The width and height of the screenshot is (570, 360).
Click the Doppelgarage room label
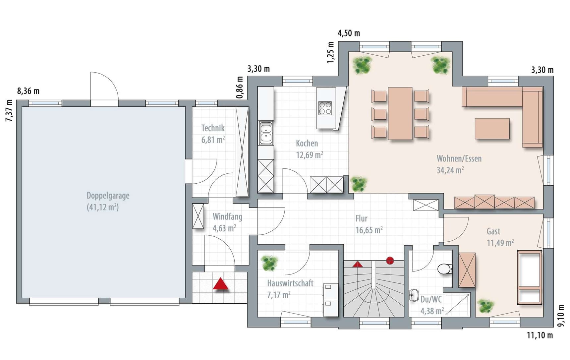click(x=108, y=196)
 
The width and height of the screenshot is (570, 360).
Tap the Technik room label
click(x=213, y=128)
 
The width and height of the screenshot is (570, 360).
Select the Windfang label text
click(x=227, y=217)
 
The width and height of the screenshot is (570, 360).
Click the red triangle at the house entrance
click(x=221, y=284)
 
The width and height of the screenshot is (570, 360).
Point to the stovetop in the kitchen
click(x=325, y=108)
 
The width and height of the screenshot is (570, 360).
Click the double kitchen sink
click(x=266, y=133)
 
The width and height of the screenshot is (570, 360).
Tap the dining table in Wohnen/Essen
click(x=400, y=113)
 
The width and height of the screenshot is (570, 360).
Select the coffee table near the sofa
click(x=492, y=129)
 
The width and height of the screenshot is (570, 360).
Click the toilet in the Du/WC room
click(x=445, y=269)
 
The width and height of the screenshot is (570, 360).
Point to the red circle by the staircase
click(x=390, y=261)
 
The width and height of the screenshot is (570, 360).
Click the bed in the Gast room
click(x=530, y=277)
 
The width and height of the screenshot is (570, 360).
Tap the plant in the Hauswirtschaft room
click(x=269, y=263)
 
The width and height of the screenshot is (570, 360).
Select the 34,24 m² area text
click(x=450, y=170)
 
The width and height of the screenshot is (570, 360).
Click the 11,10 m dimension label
click(x=540, y=335)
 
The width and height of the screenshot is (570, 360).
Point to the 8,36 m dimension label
click(x=28, y=91)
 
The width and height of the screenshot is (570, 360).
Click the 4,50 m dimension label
click(x=349, y=33)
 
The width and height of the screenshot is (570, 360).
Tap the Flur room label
click(x=362, y=218)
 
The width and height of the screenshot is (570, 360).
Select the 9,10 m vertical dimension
click(x=561, y=316)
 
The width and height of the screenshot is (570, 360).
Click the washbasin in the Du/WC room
click(x=414, y=295)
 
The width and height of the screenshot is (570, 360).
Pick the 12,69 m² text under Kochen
click(x=310, y=155)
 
